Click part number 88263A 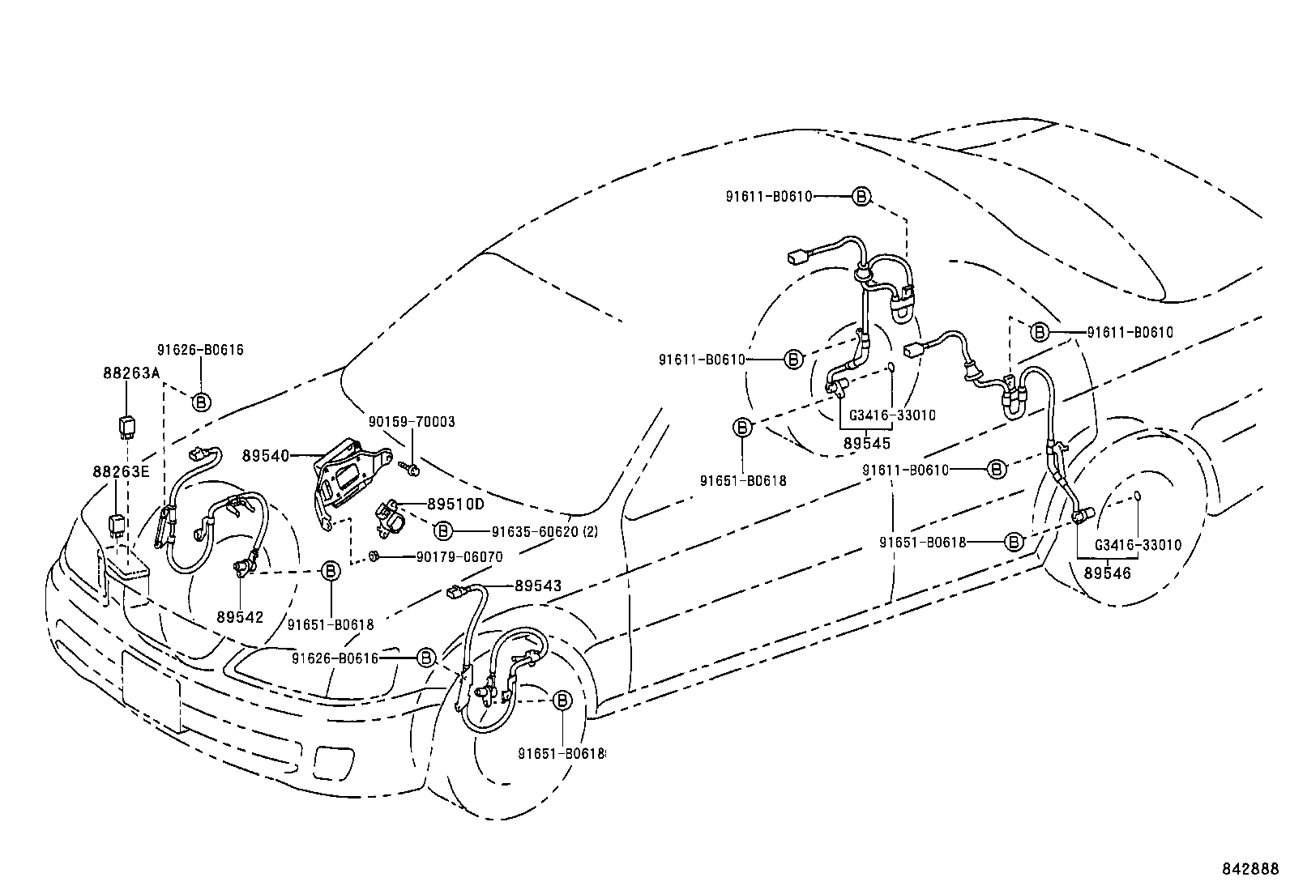point(131,373)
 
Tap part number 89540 point(265,456)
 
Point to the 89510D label point(455,504)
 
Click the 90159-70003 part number point(412,422)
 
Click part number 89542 point(240,616)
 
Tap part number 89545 point(866,443)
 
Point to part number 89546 point(1107,573)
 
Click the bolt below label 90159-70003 point(410,468)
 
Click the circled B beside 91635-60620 point(442,530)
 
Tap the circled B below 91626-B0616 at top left point(200,401)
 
